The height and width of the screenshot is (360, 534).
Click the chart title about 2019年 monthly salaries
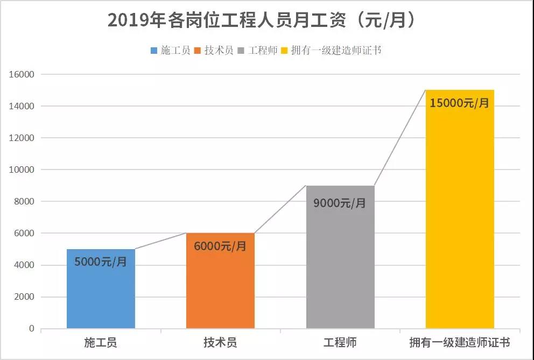(x=263, y=20)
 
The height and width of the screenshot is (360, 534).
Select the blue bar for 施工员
(x=101, y=296)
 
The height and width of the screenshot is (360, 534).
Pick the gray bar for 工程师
(x=340, y=269)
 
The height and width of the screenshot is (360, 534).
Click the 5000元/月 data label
(x=101, y=263)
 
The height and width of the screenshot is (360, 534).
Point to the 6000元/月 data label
(x=220, y=246)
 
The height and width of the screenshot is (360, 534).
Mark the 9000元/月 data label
(x=340, y=203)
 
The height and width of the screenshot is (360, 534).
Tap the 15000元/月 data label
(x=460, y=103)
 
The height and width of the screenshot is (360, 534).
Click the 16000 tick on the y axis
(x=22, y=75)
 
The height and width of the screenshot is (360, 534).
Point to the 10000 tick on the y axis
(x=22, y=170)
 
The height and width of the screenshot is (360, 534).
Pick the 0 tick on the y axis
(x=31, y=329)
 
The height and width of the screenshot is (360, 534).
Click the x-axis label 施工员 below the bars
(x=101, y=343)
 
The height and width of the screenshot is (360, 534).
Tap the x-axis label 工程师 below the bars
(x=340, y=343)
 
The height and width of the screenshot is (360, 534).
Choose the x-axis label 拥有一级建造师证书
(x=460, y=343)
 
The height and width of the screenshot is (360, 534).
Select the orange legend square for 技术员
(x=198, y=51)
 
